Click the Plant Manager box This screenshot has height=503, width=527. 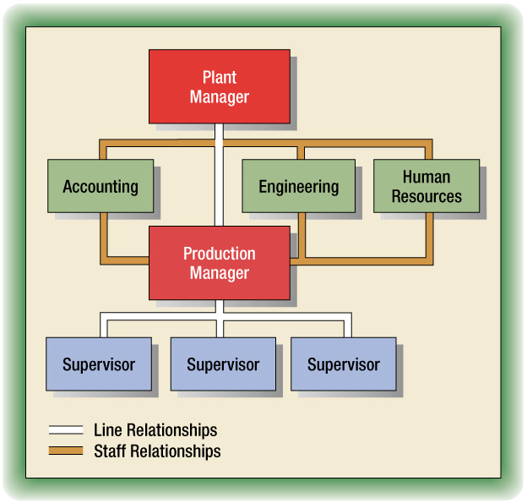click(219, 86)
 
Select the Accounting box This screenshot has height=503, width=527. click(101, 186)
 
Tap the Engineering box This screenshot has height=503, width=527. click(298, 186)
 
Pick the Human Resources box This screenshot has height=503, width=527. click(426, 186)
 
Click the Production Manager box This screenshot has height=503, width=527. click(219, 263)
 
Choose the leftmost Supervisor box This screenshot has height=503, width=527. click(99, 364)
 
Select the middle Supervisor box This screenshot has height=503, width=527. click(223, 364)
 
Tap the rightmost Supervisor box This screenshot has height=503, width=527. click(343, 364)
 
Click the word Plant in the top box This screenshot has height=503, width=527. click(219, 78)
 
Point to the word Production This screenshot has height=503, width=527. click(219, 254)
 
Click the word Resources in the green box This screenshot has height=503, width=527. click(426, 196)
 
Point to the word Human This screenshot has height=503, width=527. click(426, 177)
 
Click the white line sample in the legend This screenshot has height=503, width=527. click(65, 430)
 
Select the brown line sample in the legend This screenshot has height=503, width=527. click(65, 451)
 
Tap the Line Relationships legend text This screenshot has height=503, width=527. click(155, 430)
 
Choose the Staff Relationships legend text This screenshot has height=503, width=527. click(157, 451)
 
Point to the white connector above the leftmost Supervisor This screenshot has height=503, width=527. click(101, 325)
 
